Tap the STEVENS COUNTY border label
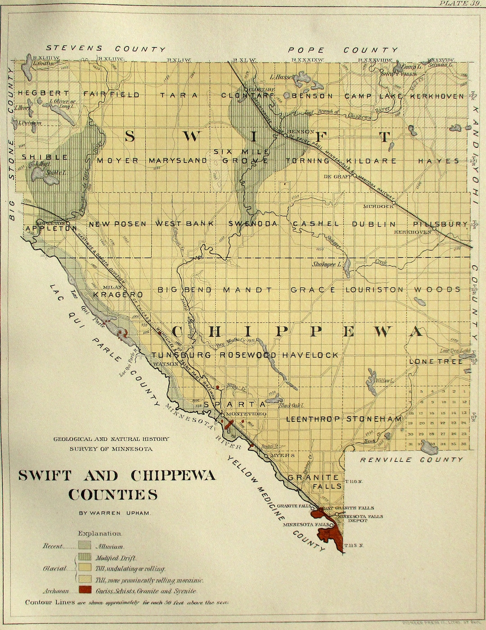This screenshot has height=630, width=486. (x=106, y=49)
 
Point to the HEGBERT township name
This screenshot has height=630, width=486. (x=44, y=94)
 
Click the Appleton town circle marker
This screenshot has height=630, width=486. (x=68, y=223)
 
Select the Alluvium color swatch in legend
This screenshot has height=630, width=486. (x=85, y=545)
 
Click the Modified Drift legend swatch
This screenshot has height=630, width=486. (x=85, y=557)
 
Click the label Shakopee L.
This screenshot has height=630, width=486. (x=327, y=264)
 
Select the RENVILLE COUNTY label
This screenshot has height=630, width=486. (x=411, y=460)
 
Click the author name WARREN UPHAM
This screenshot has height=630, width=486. (x=114, y=513)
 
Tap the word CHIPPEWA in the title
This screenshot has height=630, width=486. (x=173, y=475)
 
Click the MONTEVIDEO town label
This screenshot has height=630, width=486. (x=247, y=414)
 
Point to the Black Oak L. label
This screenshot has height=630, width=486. (x=291, y=406)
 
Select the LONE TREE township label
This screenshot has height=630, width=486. (x=436, y=362)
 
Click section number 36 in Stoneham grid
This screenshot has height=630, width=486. (x=464, y=443)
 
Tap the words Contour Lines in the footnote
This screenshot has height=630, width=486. (x=50, y=602)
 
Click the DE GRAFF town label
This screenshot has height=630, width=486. (x=337, y=177)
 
